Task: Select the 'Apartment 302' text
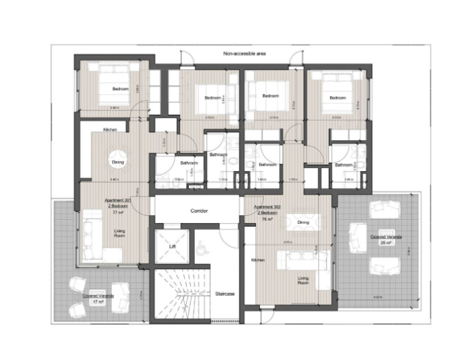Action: tap(267, 207)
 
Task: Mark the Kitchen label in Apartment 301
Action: tap(112, 130)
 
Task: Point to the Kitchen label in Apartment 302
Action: tap(258, 260)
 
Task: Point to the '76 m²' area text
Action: tap(267, 219)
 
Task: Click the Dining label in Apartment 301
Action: tap(117, 162)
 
